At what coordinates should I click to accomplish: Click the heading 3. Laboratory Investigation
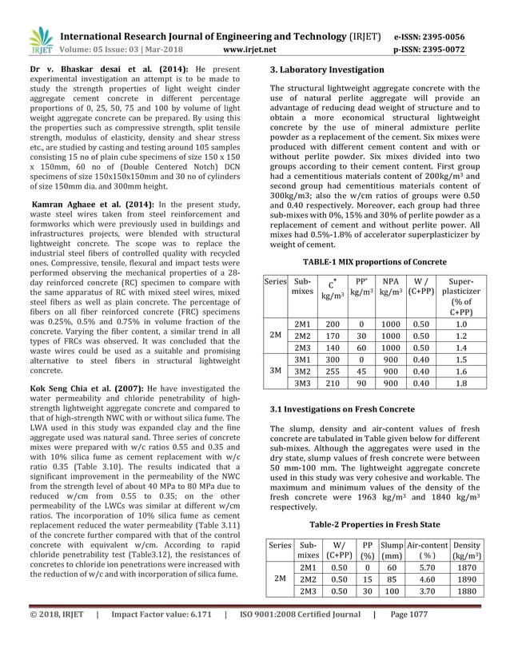tap(328, 70)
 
